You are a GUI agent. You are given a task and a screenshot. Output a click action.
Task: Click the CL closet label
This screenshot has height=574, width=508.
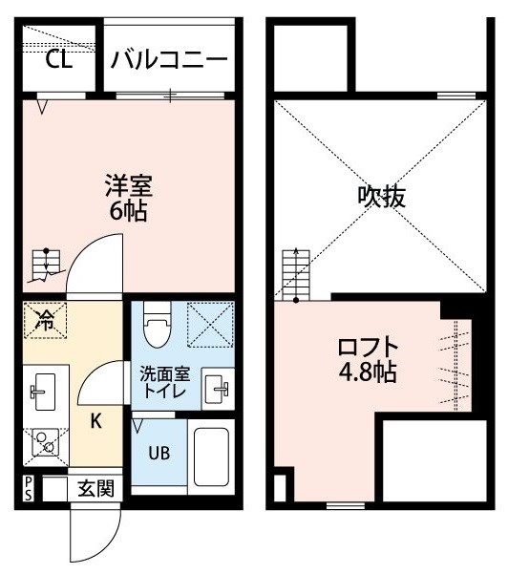pos(58,60)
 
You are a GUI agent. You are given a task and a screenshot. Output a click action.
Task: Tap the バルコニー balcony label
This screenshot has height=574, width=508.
pos(169,60)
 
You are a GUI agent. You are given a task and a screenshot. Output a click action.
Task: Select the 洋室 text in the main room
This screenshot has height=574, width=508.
pos(129,186)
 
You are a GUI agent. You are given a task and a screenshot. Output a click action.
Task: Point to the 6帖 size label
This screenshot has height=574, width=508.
pos(129,212)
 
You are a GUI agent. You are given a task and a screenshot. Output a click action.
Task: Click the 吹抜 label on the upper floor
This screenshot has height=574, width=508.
pos(381,197)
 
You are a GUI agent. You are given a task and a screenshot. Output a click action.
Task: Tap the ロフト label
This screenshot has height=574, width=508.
pos(368,347)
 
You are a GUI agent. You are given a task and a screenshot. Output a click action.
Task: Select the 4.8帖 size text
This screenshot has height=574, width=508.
pos(368,372)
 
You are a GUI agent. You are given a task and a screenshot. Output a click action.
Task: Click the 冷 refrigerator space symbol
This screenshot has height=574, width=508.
pos(45,320)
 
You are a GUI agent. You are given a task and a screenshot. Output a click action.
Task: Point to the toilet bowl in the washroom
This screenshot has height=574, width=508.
pos(158,325)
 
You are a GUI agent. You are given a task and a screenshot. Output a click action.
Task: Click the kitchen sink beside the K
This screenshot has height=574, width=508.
pos(43,393)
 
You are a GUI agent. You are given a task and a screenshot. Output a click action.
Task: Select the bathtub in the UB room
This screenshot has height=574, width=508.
pos(211,457)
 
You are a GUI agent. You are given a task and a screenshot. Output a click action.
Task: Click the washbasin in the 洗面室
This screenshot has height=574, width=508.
pos(216,389)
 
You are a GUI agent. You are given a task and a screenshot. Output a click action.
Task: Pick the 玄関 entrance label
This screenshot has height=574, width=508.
pos(95,488)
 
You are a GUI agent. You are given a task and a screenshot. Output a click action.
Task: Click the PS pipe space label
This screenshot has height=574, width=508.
pos(29,489)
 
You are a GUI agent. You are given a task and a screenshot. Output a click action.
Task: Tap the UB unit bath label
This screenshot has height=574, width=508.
pos(159,454)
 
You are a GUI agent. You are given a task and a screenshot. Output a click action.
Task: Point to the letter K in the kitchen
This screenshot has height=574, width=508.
pos(95,421)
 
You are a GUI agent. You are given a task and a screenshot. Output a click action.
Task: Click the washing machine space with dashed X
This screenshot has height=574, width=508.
pos(210,325)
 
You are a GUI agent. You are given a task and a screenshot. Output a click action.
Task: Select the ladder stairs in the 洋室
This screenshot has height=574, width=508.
pos(46,266)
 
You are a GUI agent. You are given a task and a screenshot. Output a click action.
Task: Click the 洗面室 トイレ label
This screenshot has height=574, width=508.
pos(164,383)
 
